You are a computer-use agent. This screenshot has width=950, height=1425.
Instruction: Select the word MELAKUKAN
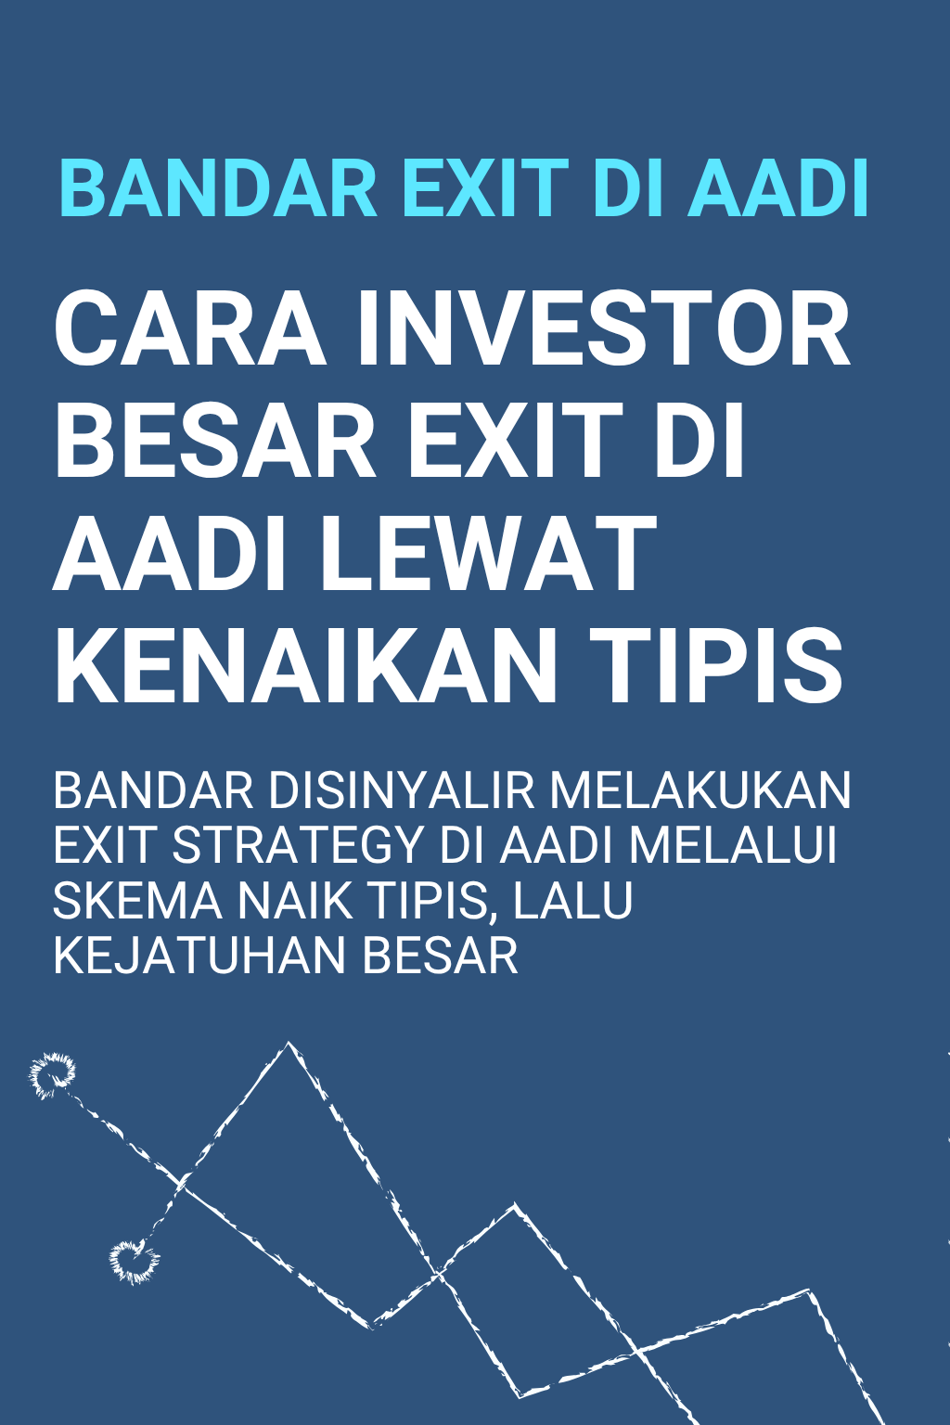point(700,791)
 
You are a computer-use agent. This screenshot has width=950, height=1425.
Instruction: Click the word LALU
point(573,900)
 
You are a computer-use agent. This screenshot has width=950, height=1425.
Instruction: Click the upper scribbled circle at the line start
point(53,1075)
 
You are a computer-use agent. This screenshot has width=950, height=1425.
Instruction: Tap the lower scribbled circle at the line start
point(133,1260)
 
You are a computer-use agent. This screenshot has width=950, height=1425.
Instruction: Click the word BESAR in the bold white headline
point(214,443)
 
